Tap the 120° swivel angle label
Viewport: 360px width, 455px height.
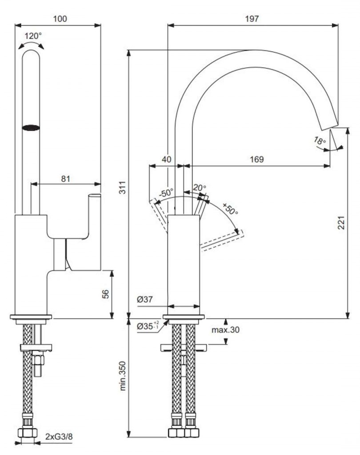[x=33, y=36]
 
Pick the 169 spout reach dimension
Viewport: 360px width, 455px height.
[x=256, y=159]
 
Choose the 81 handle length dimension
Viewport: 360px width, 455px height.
[x=65, y=179]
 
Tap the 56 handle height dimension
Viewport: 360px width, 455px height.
[x=105, y=294]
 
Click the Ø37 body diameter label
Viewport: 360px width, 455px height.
[x=145, y=299]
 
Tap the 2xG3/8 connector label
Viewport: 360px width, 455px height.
[x=59, y=437]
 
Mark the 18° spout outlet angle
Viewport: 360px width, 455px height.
[x=320, y=141]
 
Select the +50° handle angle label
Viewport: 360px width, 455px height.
[x=230, y=209]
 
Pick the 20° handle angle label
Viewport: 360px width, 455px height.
[x=200, y=188]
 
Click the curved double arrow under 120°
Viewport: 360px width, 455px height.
[x=31, y=45]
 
